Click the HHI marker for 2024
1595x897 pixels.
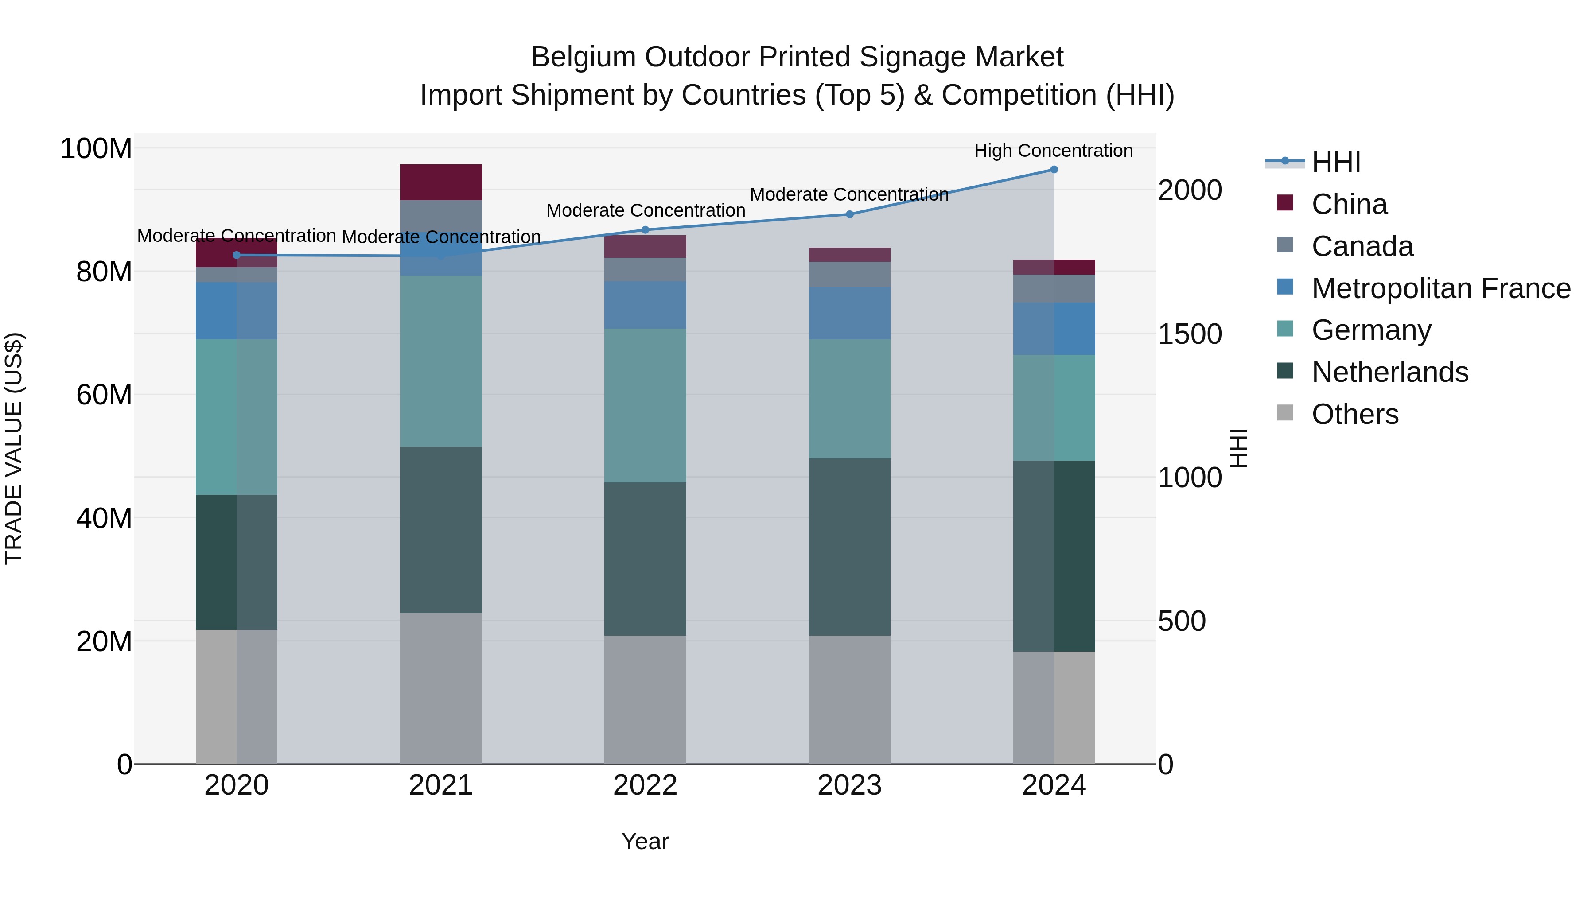tap(1054, 170)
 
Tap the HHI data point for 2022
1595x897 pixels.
tap(645, 229)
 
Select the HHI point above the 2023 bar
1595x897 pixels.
tap(849, 214)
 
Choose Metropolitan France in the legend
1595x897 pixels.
tap(1440, 288)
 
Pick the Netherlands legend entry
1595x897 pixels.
tap(1389, 372)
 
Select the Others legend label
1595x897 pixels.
tap(1355, 414)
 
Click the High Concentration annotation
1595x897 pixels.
tap(1053, 151)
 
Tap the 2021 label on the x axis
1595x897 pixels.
tap(440, 785)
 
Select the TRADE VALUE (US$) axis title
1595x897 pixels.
tap(14, 448)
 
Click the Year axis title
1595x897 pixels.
tap(645, 841)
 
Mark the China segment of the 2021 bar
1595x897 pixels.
tap(441, 182)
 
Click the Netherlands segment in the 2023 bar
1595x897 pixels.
tap(849, 547)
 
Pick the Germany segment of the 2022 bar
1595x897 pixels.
tap(645, 405)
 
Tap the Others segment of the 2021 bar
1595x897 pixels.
tap(441, 688)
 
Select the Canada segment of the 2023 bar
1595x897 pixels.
tap(849, 274)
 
